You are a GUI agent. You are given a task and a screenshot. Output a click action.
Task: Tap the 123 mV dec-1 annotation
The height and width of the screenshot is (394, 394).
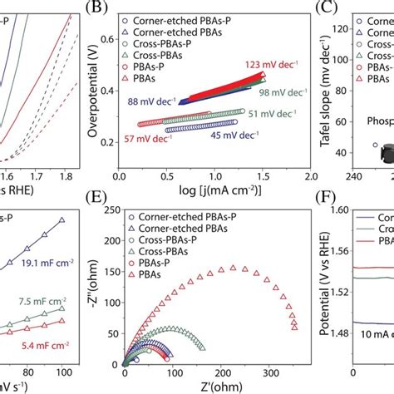[268, 64]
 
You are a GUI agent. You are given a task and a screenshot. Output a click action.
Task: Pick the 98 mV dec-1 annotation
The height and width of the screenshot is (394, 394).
[274, 94]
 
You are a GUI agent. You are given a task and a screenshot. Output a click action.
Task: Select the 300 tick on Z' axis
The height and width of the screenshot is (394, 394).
[269, 369]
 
